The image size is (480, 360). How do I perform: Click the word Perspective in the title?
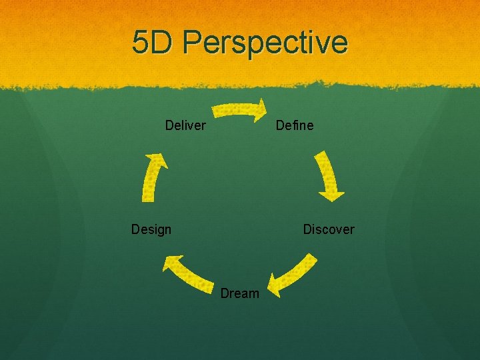pyautogui.click(x=265, y=43)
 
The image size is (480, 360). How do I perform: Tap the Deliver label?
pyautogui.click(x=185, y=125)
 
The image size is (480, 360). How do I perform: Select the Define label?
pyautogui.click(x=294, y=125)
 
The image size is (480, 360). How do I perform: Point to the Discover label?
pyautogui.click(x=329, y=229)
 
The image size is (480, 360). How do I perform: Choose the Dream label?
pyautogui.click(x=239, y=293)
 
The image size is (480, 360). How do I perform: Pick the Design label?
pyautogui.click(x=151, y=229)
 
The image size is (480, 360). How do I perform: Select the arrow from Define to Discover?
pyautogui.click(x=328, y=175)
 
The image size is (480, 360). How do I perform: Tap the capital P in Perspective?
pyautogui.click(x=193, y=42)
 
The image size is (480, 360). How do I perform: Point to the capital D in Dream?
pyautogui.click(x=225, y=293)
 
